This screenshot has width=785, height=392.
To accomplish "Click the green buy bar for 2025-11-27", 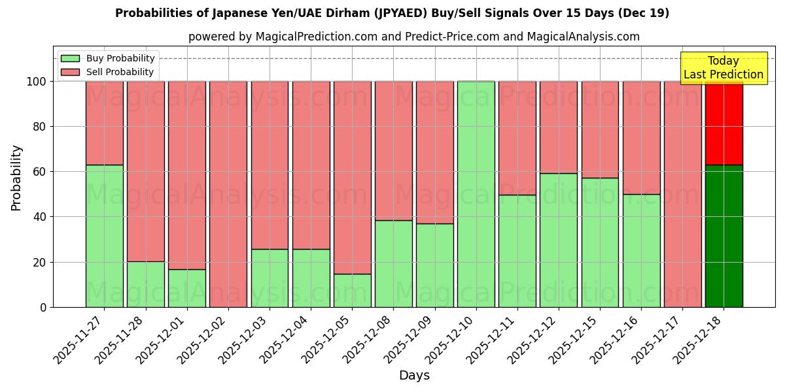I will tap(105, 236).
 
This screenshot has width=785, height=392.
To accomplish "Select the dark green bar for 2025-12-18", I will tap(724, 236).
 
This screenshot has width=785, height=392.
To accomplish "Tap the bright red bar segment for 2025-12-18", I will tap(724, 123).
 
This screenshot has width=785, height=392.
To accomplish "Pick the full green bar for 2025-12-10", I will tap(476, 194).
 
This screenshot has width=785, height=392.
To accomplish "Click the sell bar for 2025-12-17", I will tap(682, 194).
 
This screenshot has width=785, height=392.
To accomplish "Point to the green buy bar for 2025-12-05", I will tap(352, 290).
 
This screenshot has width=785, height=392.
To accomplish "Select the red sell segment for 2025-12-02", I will tap(228, 194).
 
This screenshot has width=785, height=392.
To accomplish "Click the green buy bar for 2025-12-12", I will tap(559, 240).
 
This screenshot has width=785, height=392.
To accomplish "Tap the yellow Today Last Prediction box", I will tap(723, 68).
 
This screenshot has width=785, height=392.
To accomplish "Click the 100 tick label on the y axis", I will tap(37, 82).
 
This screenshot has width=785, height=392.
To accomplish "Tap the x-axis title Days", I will tap(414, 376).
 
